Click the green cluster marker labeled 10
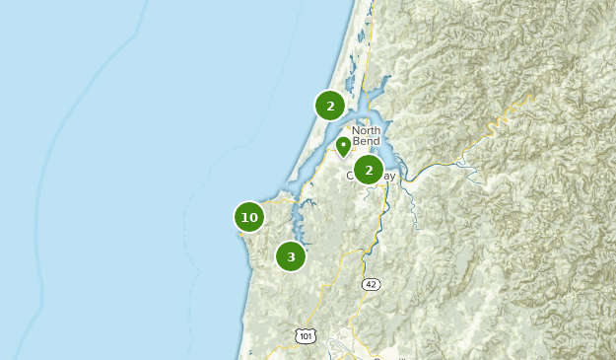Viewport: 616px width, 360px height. point(249,217)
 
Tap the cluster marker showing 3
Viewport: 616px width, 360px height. point(291,257)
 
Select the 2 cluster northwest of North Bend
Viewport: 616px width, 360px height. point(330,106)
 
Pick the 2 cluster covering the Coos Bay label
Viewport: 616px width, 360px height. point(368,170)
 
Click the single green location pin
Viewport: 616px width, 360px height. point(343,146)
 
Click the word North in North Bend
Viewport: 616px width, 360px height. point(367,130)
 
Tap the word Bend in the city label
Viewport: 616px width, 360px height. point(367,142)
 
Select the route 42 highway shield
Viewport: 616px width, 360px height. point(371,284)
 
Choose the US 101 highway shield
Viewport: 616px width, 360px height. point(307,336)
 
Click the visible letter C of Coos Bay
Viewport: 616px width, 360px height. point(349,177)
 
